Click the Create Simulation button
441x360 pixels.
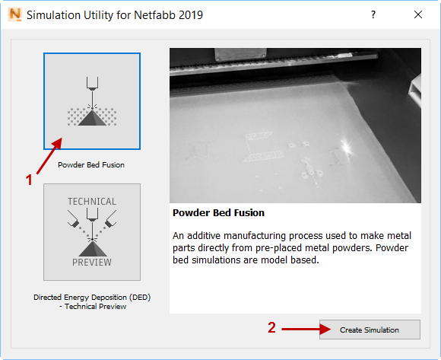click(x=370, y=330)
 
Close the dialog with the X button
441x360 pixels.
click(x=418, y=14)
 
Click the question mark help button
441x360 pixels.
click(x=373, y=14)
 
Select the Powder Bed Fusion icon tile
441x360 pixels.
click(x=92, y=101)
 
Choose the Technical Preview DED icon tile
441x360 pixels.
click(x=92, y=232)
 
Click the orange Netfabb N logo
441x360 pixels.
click(x=15, y=14)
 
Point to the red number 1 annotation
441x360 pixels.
click(x=29, y=180)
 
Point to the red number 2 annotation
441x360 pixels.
click(x=271, y=327)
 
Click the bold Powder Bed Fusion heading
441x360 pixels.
click(x=218, y=213)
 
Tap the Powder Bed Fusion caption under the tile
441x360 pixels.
click(x=91, y=164)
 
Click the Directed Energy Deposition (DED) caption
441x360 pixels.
click(x=92, y=298)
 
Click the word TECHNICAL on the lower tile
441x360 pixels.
click(x=92, y=202)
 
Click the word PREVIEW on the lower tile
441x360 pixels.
click(x=92, y=263)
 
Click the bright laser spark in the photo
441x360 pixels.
click(x=347, y=147)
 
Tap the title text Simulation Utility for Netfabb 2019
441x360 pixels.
click(x=115, y=15)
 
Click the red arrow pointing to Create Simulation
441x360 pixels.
click(x=306, y=329)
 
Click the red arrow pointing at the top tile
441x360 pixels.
click(x=49, y=156)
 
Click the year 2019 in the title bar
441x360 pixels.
click(x=191, y=15)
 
